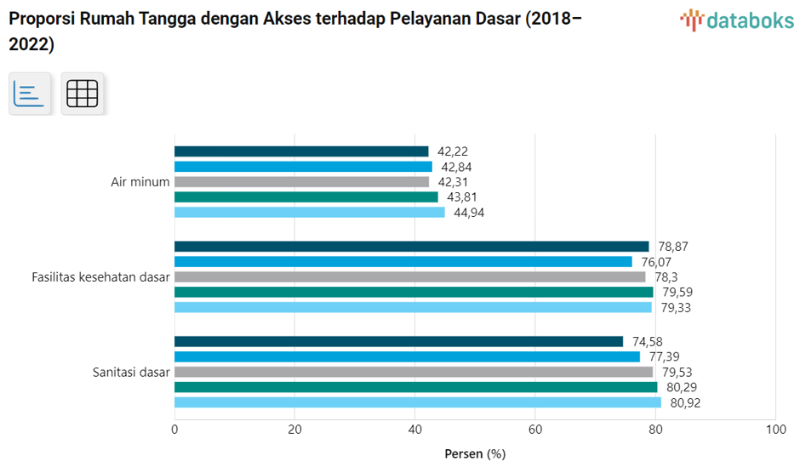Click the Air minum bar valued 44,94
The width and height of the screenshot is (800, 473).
(310, 213)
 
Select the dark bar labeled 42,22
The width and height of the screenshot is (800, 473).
(301, 151)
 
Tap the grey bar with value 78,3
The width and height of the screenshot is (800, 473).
(410, 276)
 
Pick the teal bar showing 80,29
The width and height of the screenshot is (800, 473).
(415, 387)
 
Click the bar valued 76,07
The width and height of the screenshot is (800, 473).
(403, 261)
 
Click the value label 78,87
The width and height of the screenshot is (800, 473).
(671, 246)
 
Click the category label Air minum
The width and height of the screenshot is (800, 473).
(140, 182)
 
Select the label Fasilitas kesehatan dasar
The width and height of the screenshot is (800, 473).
(100, 276)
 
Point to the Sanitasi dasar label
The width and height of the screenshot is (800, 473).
(132, 372)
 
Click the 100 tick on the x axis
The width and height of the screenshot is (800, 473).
(775, 430)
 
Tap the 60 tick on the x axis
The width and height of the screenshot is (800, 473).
(535, 430)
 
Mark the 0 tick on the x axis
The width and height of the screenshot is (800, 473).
(174, 430)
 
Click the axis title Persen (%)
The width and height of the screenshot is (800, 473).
(475, 453)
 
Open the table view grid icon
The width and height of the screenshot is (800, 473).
(82, 93)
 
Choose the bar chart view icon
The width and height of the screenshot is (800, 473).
(30, 93)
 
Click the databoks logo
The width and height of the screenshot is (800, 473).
(736, 20)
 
